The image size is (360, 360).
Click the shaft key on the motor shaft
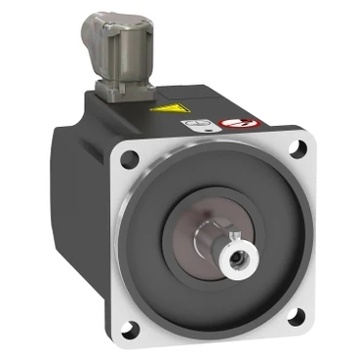pyautogui.click(x=233, y=236)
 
